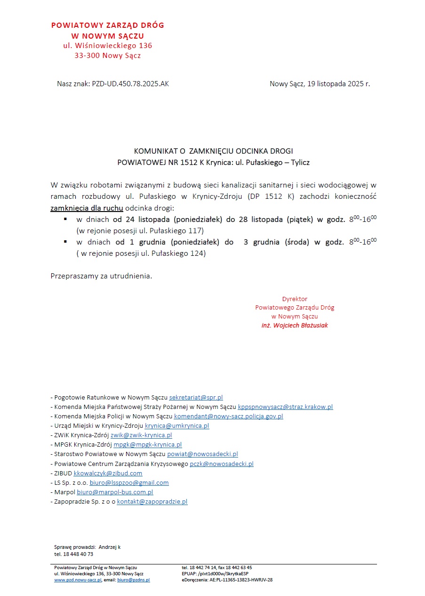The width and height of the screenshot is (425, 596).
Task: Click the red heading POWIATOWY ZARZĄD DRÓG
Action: point(108,25)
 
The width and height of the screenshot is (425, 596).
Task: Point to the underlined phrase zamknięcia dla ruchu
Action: point(87,208)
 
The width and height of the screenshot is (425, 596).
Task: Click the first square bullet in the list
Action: point(65,220)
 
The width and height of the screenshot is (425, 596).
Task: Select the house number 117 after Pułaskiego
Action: point(197,231)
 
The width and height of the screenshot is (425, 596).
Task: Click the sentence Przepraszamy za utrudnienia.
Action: point(101,276)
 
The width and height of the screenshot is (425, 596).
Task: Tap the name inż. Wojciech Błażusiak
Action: point(295,326)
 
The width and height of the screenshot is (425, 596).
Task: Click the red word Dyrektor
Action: point(295,299)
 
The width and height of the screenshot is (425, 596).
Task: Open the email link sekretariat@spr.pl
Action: point(196,398)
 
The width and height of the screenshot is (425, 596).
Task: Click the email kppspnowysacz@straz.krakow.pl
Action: point(285,407)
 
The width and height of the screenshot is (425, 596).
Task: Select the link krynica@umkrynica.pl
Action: point(177,426)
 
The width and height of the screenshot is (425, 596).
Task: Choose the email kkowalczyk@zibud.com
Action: point(108,473)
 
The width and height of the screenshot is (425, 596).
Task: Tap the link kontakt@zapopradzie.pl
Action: point(152,502)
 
